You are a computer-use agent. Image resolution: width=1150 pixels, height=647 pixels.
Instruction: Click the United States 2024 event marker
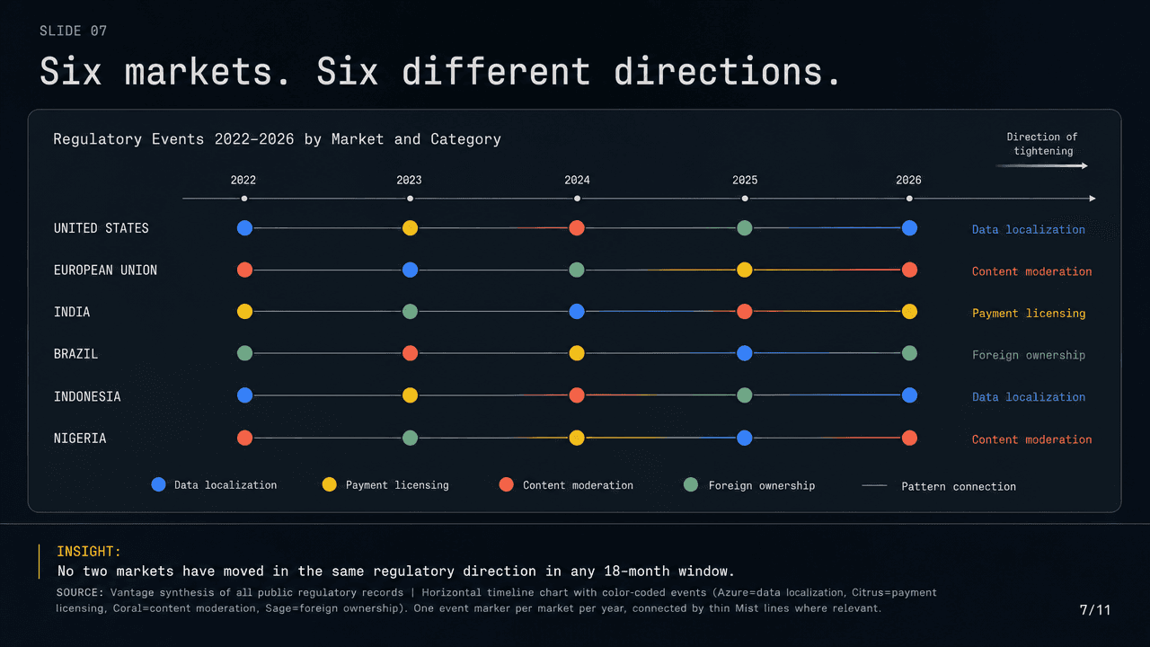577,228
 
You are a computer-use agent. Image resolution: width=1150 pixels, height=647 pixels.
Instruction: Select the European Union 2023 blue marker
410,270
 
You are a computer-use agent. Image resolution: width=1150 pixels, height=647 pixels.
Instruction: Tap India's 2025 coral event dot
745,311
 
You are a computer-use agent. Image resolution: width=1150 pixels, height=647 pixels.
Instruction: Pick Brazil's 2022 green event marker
245,353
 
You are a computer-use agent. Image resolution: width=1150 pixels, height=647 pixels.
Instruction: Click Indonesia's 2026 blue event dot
909,395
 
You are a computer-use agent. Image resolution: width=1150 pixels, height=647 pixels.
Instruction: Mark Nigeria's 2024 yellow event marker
577,438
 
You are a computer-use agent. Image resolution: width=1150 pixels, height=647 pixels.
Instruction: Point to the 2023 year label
409,181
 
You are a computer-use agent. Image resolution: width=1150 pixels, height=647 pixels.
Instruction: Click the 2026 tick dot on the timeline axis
909,199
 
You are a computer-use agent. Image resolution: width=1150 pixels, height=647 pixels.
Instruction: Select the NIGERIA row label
80,438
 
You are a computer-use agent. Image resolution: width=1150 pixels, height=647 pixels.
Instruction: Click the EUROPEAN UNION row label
105,270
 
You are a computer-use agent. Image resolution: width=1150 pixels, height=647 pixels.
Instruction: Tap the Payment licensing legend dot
329,484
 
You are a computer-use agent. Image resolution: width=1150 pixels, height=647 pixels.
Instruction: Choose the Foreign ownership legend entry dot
691,484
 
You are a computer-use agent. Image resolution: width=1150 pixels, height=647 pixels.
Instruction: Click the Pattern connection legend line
874,486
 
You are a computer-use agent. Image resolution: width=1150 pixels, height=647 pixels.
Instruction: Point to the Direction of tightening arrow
1041,166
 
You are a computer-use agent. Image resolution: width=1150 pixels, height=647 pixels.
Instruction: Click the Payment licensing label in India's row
1029,314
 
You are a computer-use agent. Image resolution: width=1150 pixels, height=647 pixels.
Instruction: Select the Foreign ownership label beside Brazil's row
1029,355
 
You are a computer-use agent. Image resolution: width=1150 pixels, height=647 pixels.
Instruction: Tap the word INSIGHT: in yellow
89,552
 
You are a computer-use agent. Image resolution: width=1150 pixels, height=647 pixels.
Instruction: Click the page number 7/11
1094,610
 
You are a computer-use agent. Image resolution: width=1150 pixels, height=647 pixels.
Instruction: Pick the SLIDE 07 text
74,31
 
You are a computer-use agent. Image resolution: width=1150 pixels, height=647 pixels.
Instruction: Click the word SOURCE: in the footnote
80,592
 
